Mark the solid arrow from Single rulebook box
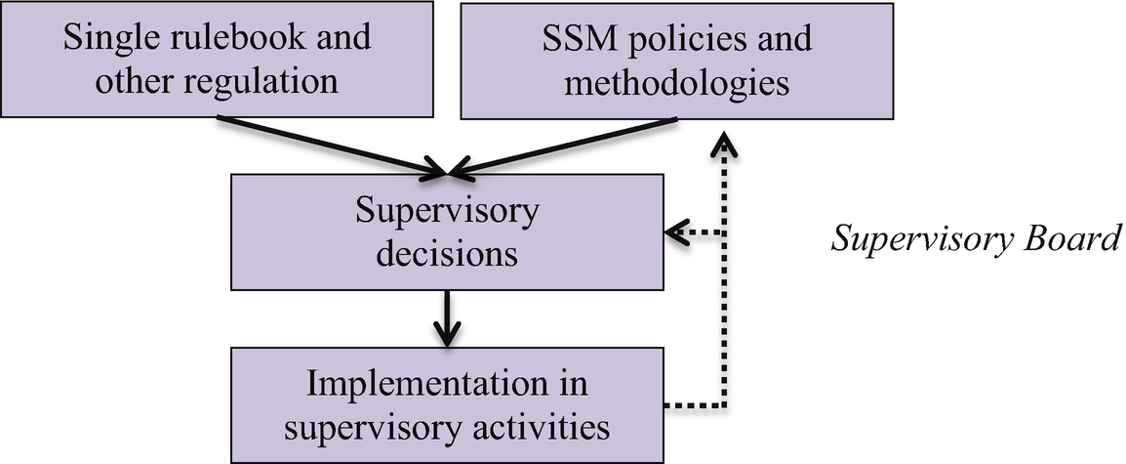click(332, 147)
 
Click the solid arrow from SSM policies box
click(566, 147)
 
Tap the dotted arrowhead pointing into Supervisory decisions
click(675, 233)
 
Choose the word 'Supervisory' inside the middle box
click(447, 213)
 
